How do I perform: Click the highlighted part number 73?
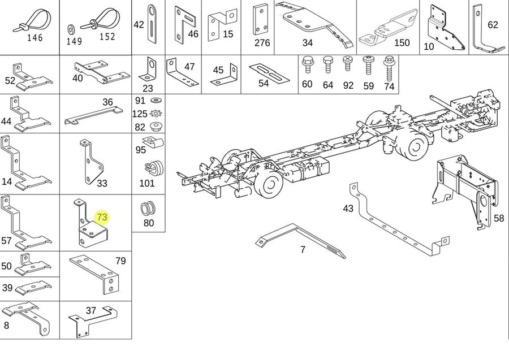click(102, 217)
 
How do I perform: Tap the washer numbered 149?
click(73, 28)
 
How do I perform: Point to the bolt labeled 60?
click(307, 65)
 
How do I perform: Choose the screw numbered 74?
click(389, 67)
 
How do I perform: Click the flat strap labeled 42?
click(152, 24)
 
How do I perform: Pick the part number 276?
click(262, 43)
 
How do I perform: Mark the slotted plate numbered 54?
click(266, 71)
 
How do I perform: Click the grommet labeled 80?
click(147, 208)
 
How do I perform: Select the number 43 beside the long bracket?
click(348, 209)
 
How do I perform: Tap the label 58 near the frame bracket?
click(498, 218)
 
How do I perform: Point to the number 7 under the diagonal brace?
click(303, 249)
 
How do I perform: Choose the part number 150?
click(402, 43)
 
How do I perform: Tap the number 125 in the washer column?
click(140, 114)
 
